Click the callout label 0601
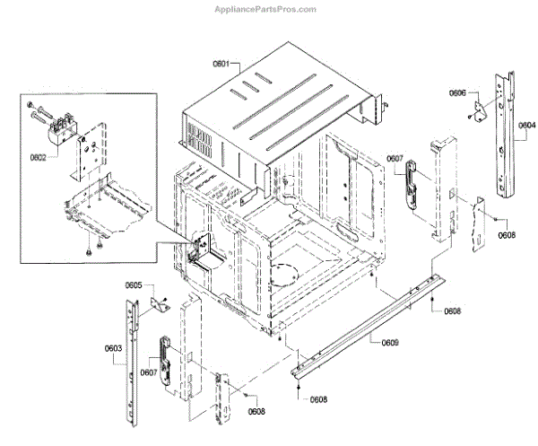[221, 65]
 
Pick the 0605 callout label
[133, 284]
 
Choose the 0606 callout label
[457, 92]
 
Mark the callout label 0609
[390, 342]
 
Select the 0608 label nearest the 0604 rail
[508, 235]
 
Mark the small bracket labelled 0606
[482, 108]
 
